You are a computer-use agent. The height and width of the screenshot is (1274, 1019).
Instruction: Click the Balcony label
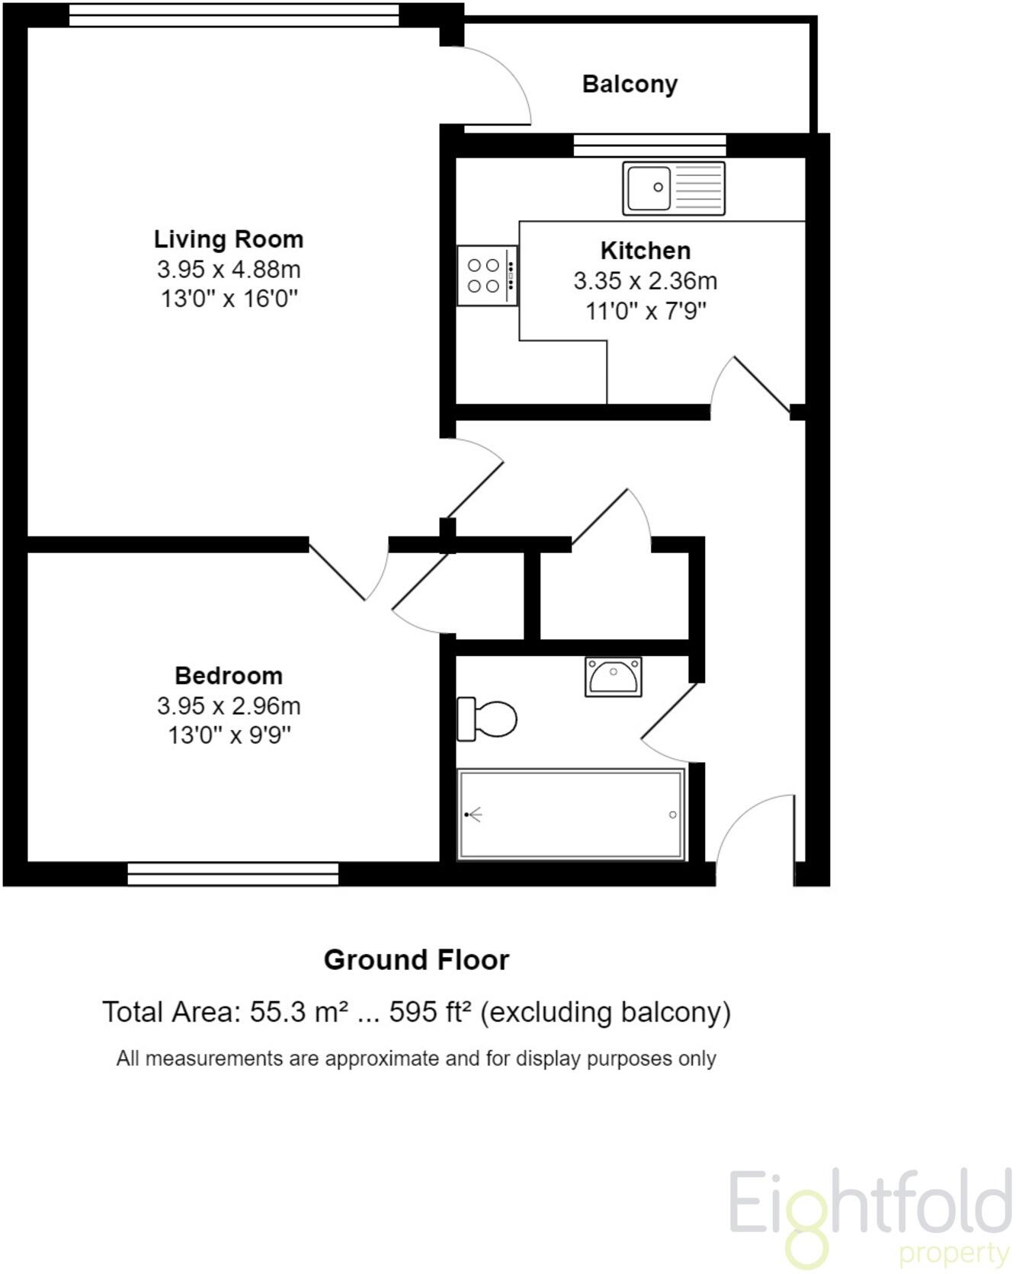[x=630, y=84]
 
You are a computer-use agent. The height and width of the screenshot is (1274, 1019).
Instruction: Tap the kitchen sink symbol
[x=673, y=187]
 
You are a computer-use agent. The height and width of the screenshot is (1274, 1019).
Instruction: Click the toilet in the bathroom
[x=487, y=719]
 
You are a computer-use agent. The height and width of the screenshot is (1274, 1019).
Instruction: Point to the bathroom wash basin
[x=613, y=677]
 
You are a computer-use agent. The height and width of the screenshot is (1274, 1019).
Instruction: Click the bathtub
[x=571, y=815]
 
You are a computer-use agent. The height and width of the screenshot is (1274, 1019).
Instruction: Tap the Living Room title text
[x=229, y=239]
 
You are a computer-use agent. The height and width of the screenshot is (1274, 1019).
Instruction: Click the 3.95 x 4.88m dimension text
[x=229, y=269]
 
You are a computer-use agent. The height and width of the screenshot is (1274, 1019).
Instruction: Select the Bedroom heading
[x=229, y=676]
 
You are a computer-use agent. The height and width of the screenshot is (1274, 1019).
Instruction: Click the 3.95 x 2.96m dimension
[x=229, y=706]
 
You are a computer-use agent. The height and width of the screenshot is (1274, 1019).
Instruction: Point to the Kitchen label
[x=646, y=251]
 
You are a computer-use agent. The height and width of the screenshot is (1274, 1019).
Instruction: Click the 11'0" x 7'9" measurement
[x=646, y=311]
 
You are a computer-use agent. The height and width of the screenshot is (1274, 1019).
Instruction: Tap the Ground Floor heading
[x=416, y=960]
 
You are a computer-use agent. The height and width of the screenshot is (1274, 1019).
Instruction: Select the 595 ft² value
[x=430, y=1012]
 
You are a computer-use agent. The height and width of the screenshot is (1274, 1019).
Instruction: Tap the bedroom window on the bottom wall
[x=232, y=874]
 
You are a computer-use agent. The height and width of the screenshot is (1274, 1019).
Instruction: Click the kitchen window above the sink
[x=649, y=145]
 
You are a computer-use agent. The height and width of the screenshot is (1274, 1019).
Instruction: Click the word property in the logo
[x=954, y=1253]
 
